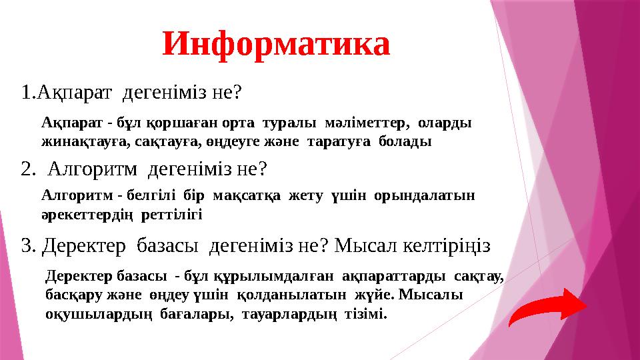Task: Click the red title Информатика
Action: pyautogui.click(x=276, y=44)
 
